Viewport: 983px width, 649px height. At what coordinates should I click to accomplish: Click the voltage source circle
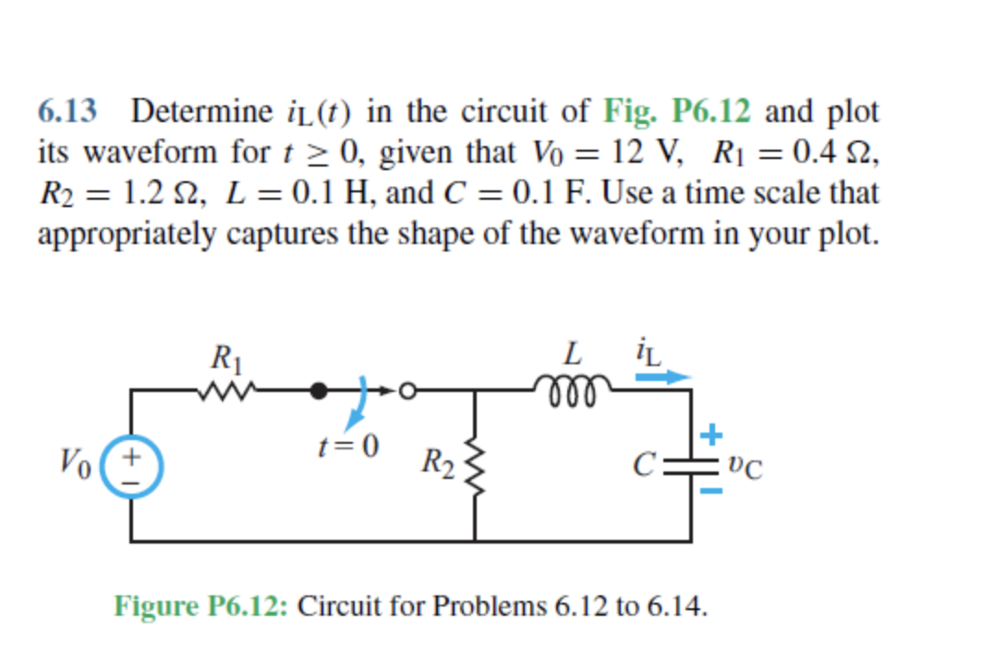(x=132, y=467)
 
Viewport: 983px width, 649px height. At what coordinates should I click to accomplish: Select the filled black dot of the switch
(x=320, y=391)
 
